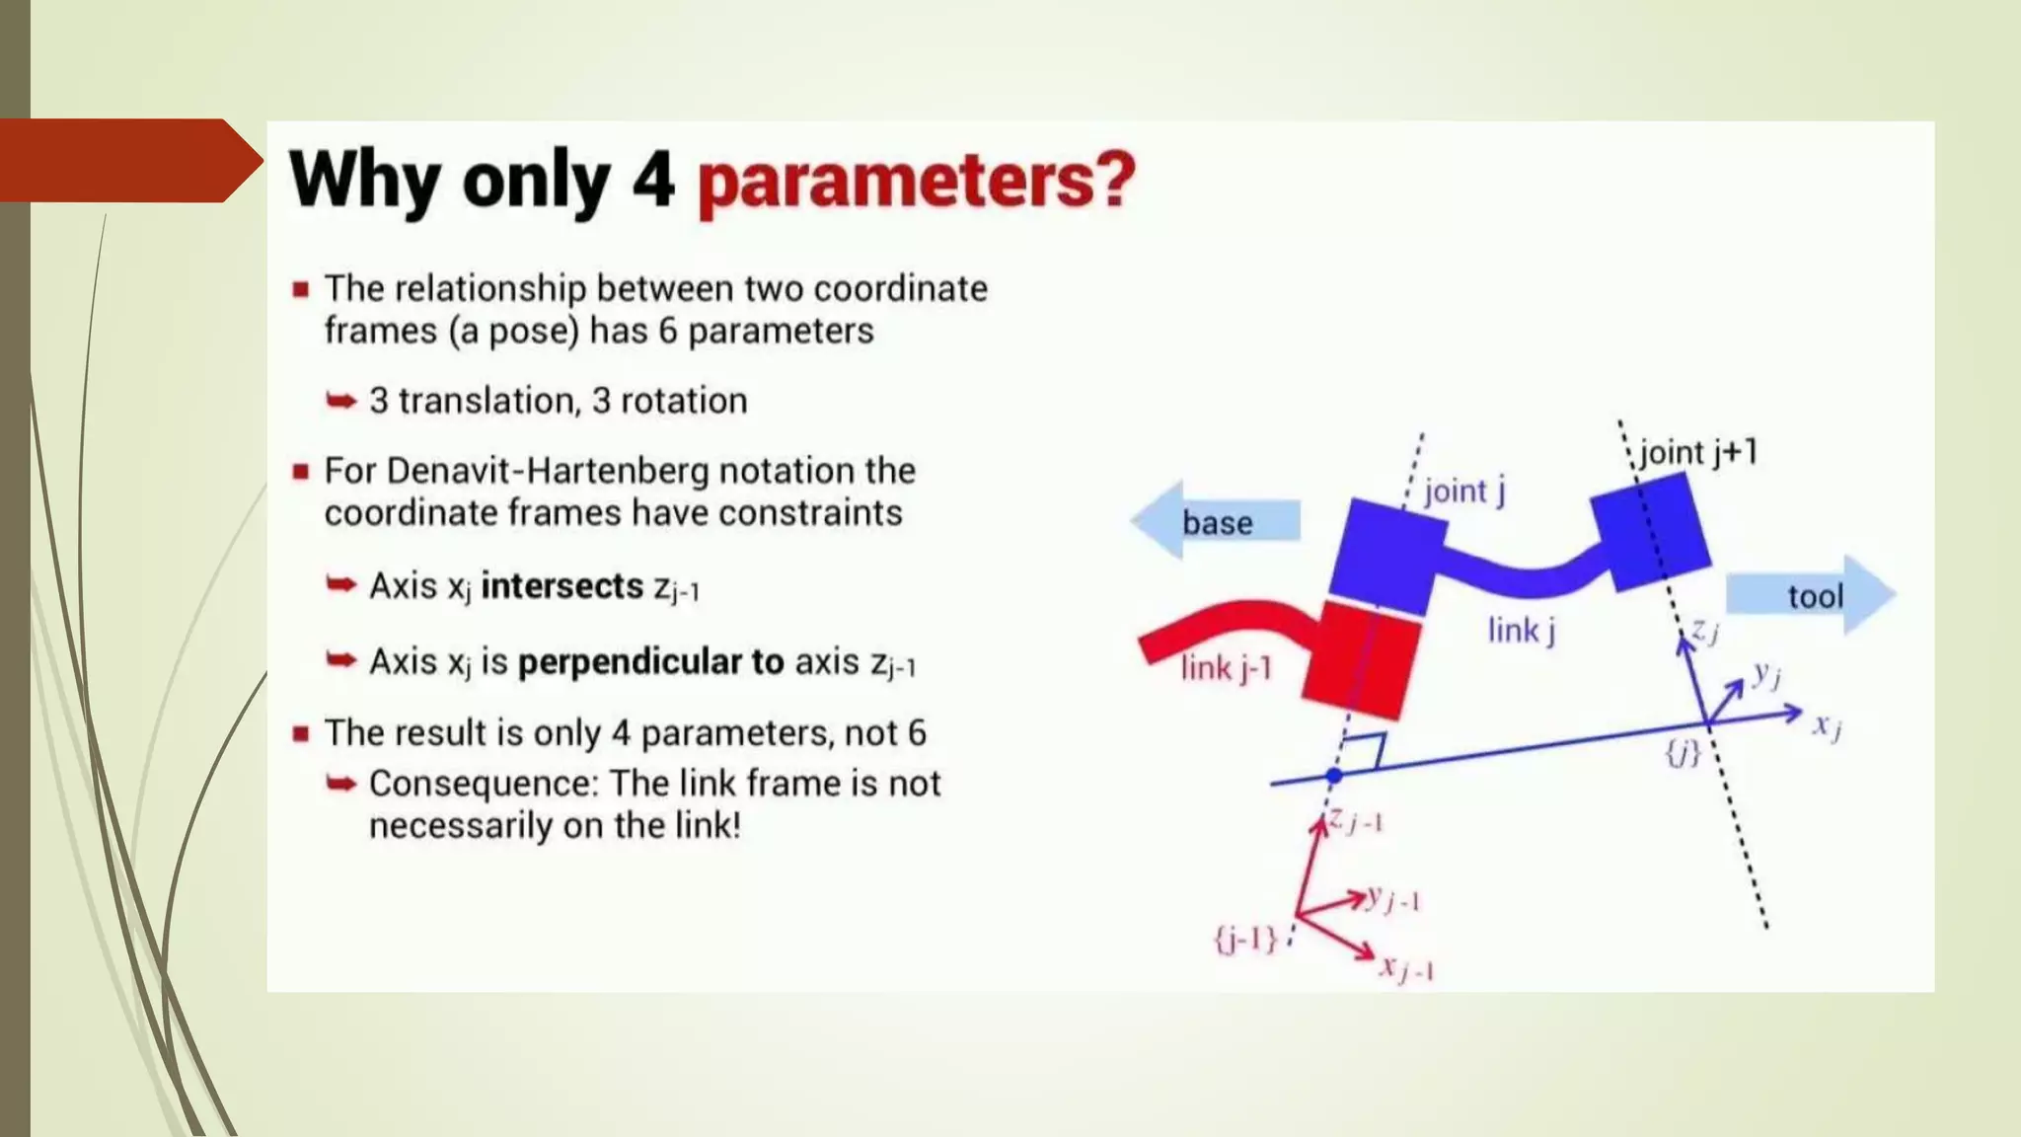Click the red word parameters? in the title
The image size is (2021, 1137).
916,182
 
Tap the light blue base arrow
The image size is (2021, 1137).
1216,521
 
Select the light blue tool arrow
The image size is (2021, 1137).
1812,595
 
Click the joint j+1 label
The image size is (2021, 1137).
1698,453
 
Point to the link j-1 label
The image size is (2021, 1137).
1226,669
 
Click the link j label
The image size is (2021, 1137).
1521,630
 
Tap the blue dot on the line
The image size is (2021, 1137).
1333,776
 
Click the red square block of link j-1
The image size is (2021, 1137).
1362,658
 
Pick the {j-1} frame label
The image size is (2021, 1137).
1245,938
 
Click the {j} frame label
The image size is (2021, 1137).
1683,754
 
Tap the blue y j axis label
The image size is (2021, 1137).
1766,675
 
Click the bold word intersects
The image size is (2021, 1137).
561,586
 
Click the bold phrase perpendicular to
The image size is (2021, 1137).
650,662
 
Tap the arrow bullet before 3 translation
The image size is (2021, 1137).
341,401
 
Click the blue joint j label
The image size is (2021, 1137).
1463,491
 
